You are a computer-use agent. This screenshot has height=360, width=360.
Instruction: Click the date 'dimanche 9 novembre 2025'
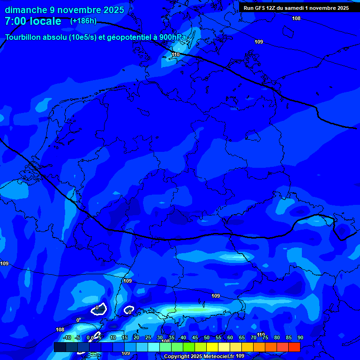64,10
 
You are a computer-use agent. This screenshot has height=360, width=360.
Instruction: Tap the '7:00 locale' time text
33,21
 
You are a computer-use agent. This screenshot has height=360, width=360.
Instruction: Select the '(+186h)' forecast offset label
83,21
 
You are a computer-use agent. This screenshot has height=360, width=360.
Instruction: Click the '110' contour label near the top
176,55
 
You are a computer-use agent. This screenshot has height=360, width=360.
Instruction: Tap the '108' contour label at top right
296,18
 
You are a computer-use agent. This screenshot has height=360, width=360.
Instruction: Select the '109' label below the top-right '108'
259,42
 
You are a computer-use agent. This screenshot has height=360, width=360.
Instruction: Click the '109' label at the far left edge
4,264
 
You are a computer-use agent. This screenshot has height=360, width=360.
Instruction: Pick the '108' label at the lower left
60,330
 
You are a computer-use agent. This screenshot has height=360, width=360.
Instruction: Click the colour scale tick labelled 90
300,337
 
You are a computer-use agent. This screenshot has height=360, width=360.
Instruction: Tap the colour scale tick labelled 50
207,337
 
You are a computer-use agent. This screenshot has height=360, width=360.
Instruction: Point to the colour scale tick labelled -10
67,337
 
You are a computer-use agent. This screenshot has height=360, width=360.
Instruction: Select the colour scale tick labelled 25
148,337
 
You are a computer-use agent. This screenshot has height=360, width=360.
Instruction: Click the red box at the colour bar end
294,347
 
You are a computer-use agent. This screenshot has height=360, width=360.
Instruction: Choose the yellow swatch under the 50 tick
212,347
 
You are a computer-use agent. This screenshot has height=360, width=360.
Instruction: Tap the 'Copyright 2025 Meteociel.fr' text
199,356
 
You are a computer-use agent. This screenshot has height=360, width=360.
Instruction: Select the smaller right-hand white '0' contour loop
129,310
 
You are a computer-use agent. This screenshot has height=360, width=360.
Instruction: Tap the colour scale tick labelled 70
254,337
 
